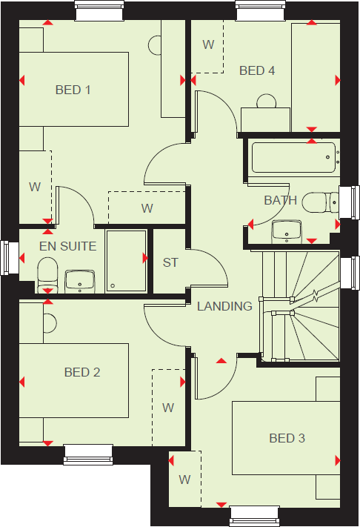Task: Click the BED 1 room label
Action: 73,90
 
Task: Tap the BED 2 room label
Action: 82,372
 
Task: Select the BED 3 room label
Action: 287,439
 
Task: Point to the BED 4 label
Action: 257,71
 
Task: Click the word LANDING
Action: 224,306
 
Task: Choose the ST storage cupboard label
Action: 171,262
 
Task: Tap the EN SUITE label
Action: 68,245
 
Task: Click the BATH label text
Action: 280,200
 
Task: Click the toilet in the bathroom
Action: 324,200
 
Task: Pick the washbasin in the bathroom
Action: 287,231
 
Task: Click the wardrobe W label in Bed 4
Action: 208,45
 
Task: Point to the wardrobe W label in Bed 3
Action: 184,480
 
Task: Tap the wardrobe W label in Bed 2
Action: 168,408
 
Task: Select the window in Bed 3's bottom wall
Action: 254,516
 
